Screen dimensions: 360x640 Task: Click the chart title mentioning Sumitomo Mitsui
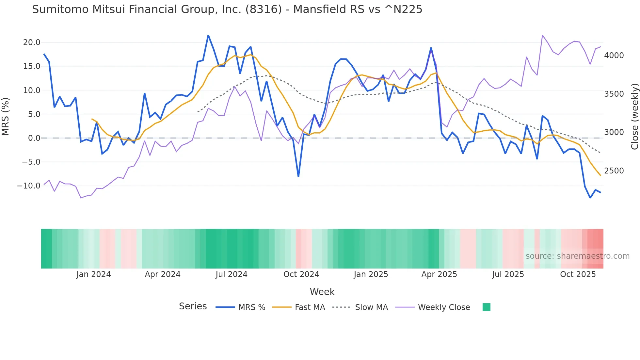click(x=227, y=9)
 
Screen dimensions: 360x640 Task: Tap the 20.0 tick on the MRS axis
click(x=32, y=42)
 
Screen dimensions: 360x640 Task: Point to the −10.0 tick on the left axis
click(x=29, y=186)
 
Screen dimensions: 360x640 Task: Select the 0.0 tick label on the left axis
click(x=34, y=138)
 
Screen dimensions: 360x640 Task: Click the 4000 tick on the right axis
click(x=614, y=56)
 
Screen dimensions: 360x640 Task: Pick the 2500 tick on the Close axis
click(x=614, y=171)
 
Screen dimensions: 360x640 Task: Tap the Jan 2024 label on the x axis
click(x=94, y=274)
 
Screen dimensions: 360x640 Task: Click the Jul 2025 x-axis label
click(x=508, y=274)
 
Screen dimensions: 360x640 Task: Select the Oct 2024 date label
click(x=301, y=274)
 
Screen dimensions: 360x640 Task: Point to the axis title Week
click(x=322, y=292)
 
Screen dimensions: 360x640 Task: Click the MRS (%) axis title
click(x=6, y=117)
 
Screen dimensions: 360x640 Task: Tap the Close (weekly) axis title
click(x=634, y=117)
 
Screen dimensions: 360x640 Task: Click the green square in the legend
click(x=486, y=307)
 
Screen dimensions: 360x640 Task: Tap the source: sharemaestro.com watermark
click(x=577, y=256)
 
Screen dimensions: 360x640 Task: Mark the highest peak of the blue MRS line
click(x=208, y=35)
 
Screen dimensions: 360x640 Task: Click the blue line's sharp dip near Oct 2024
click(x=298, y=176)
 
